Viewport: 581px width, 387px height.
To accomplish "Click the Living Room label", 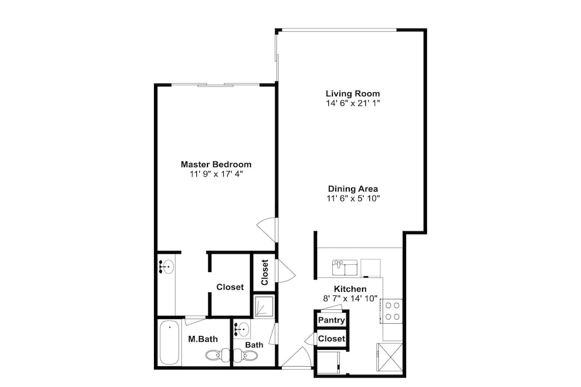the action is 353,93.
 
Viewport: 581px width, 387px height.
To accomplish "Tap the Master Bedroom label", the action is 216,164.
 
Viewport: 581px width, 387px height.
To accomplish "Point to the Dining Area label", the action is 353,189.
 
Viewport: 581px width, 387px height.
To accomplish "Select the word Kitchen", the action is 350,289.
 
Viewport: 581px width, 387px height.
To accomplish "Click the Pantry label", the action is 332,320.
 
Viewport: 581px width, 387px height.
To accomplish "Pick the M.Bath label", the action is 203,339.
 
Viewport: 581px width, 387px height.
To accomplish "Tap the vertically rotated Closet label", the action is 264,272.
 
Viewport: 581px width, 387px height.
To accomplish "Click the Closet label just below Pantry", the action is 332,338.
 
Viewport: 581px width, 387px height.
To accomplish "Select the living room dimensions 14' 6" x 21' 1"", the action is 353,103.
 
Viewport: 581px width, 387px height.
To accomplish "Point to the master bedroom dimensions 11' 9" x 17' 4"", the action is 216,174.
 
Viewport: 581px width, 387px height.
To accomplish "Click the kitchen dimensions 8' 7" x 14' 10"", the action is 350,298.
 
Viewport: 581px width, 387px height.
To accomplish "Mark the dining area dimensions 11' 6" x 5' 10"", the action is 353,198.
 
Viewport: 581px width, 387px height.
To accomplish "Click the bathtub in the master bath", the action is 170,343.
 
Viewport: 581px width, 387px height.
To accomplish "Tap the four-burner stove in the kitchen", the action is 392,311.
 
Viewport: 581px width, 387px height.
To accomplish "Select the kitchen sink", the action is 345,267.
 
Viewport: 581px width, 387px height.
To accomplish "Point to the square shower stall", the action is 264,306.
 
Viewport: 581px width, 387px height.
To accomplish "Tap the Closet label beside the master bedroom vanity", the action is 230,287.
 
